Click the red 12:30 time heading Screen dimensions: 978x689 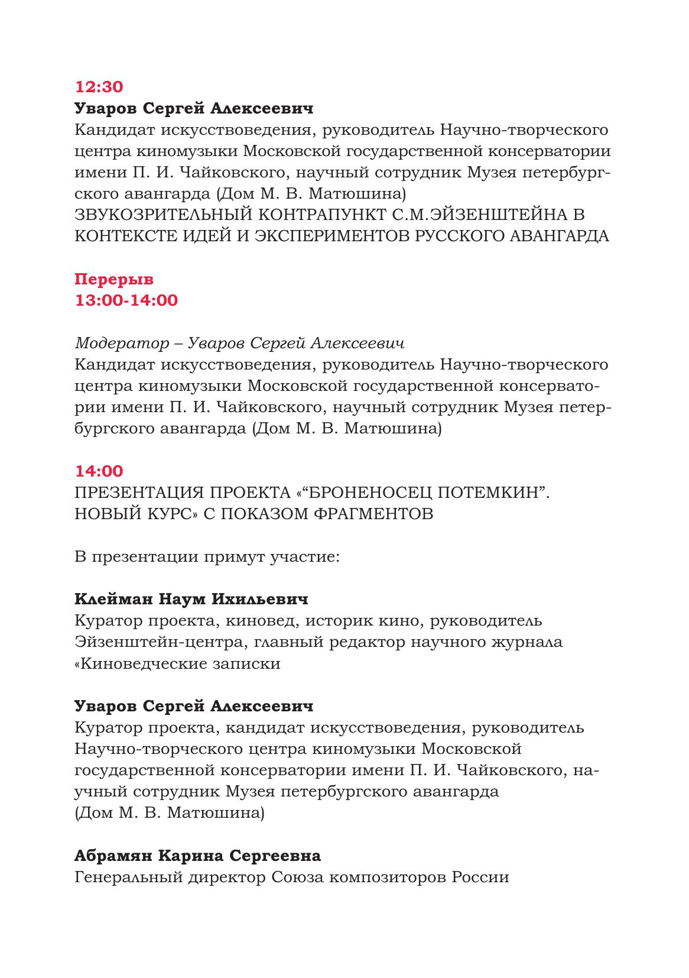point(99,87)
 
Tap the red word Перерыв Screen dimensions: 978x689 point(114,279)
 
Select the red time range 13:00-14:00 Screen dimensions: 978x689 point(126,300)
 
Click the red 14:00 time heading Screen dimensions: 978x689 point(99,471)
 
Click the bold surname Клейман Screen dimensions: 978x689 point(113,600)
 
